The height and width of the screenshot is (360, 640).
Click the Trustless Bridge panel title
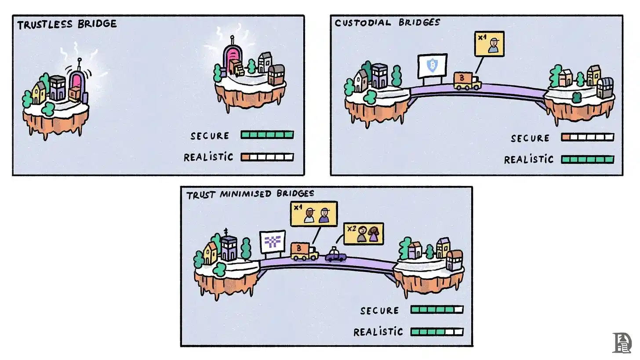click(x=67, y=25)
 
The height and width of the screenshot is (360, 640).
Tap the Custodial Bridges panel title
click(x=387, y=22)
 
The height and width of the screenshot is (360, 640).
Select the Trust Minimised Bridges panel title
click(x=250, y=194)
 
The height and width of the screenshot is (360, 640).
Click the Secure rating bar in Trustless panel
click(x=267, y=135)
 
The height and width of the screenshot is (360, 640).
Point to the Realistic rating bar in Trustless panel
click(x=267, y=156)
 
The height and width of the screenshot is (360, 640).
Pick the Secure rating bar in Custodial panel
click(x=587, y=137)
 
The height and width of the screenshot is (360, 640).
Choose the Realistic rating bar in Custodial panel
click(x=587, y=159)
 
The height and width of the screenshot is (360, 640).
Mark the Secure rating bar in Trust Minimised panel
click(x=437, y=310)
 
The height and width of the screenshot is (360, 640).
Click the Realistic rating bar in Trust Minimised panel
click(x=437, y=331)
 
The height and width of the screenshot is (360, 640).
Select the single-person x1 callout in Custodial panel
click(x=489, y=44)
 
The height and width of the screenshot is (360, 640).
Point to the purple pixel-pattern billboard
click(x=273, y=242)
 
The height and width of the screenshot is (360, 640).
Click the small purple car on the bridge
click(x=335, y=255)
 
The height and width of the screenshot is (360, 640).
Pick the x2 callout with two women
click(x=363, y=234)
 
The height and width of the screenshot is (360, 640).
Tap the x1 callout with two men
click(x=314, y=214)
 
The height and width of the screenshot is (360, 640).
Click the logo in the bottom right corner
click(x=622, y=342)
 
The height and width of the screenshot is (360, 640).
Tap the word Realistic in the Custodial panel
click(x=529, y=160)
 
